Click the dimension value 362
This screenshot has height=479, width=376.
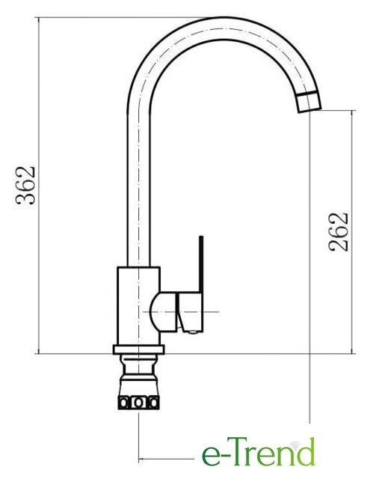(25, 186)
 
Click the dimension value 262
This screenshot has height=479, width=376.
(338, 232)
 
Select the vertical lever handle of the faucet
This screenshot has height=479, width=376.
(201, 264)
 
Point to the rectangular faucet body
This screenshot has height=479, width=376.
(139, 306)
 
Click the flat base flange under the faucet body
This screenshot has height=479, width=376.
(138, 350)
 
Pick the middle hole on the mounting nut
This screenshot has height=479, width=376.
(138, 403)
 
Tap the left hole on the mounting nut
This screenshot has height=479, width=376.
(124, 403)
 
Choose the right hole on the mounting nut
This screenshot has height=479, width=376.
(153, 403)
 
